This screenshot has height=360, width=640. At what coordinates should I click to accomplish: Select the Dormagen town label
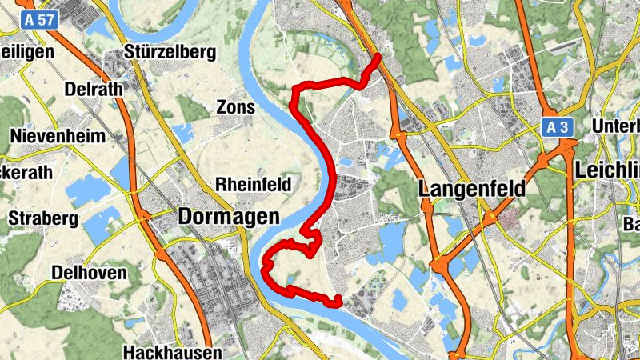[x=229, y=216]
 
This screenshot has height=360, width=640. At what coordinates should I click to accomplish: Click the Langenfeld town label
[x=472, y=189]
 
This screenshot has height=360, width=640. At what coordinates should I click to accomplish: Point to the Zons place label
[x=236, y=107]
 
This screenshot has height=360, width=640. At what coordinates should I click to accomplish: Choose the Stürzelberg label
[x=171, y=53]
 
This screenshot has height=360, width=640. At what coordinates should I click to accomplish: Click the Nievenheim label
[x=58, y=136]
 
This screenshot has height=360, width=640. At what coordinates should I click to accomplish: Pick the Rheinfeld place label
[x=253, y=185]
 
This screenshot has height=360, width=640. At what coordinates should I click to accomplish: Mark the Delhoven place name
[x=89, y=273]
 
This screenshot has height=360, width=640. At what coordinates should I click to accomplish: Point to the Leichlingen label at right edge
[x=607, y=170]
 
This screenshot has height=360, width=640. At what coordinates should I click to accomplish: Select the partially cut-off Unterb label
[x=616, y=126]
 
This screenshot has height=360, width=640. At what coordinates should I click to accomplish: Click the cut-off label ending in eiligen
[x=27, y=51]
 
